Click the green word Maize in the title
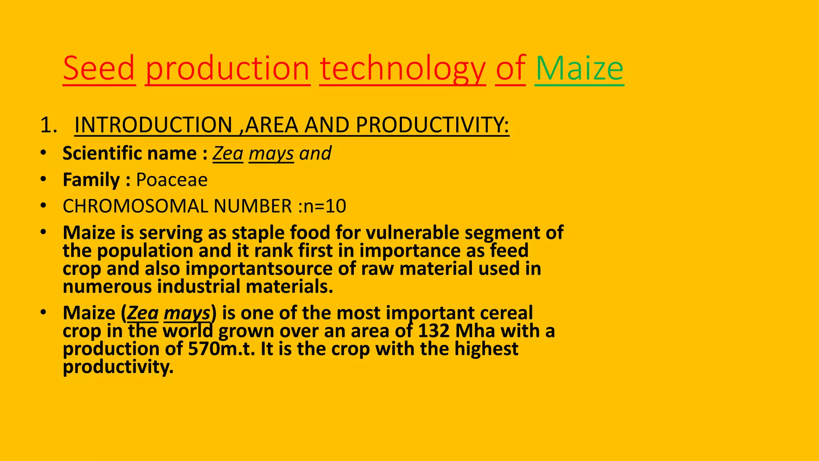point(579,68)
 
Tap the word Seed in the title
point(99,68)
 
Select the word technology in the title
point(402,68)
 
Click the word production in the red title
point(228,68)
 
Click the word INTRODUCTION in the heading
point(154,125)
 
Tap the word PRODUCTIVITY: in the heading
point(432,125)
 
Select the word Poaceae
point(172,180)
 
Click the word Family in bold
point(91,180)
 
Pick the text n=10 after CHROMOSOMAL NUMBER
point(325,206)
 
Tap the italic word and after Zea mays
point(316,153)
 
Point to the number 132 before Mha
point(433,331)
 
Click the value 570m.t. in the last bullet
point(222,349)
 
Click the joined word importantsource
point(259,269)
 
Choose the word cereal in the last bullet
point(506,313)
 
